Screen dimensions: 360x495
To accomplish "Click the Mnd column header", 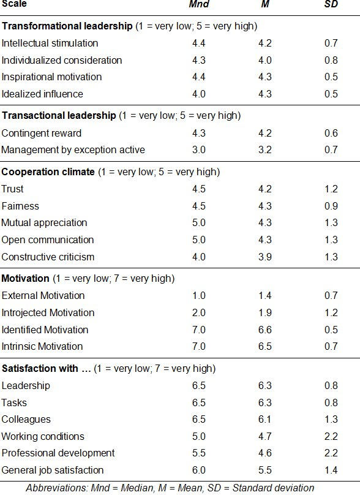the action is coord(199,4).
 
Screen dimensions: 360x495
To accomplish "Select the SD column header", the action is coord(331,4).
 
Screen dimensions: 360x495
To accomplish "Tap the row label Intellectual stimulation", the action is coord(50,43).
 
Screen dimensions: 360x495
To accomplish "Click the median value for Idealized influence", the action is coord(199,94).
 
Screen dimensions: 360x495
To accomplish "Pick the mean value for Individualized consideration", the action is coord(264,60).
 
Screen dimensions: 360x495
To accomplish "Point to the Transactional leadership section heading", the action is coord(59,115).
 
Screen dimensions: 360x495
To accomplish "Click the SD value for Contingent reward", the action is coord(331,133).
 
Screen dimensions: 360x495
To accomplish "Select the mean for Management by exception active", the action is coord(264,149).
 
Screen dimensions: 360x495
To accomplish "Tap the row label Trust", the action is coord(12,189).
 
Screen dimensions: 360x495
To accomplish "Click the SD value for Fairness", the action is coord(331,206).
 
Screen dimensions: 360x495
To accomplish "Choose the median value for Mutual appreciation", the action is coord(199,222).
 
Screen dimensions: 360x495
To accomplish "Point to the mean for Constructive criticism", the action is coord(264,257).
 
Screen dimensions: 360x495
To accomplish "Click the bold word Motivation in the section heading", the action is coord(26,278).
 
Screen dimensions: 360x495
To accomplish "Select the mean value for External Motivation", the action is coord(264,295).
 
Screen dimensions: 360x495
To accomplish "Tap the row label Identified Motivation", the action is coord(45,330).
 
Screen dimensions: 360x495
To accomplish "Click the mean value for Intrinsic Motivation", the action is coord(264,346).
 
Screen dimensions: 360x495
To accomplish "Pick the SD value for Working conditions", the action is coord(331,436).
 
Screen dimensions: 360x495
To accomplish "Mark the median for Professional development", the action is coord(199,453).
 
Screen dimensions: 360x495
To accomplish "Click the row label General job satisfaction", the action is coord(53,470).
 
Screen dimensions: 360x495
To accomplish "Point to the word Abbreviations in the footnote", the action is coord(57,488).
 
